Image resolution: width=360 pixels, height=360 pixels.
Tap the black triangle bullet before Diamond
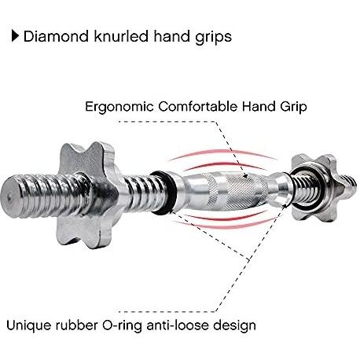(x=15, y=36)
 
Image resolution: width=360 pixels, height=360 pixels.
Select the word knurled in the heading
(x=121, y=36)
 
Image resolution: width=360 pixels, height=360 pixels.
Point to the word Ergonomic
(x=119, y=107)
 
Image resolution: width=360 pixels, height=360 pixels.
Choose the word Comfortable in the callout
(x=198, y=106)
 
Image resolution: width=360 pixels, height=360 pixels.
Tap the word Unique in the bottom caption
(x=28, y=325)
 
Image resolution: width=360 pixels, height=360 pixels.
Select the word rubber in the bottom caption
(x=76, y=325)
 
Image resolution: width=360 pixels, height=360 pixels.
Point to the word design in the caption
(x=234, y=326)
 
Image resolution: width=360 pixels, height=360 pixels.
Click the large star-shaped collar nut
(x=86, y=194)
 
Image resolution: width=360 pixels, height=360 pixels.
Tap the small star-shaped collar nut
(x=314, y=186)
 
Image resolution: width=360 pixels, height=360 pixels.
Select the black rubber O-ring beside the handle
(x=163, y=193)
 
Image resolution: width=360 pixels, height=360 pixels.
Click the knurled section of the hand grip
(x=237, y=191)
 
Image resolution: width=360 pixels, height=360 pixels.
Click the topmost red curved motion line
(x=222, y=152)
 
